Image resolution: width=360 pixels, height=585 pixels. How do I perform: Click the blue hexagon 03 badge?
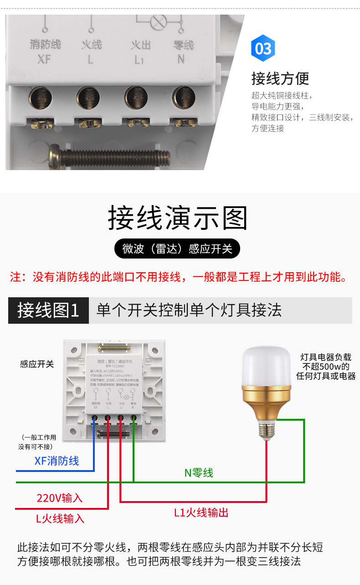pyautogui.click(x=263, y=49)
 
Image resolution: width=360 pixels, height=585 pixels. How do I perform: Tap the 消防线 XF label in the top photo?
pyautogui.click(x=45, y=51)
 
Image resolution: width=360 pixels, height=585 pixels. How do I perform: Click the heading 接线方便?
pyautogui.click(x=280, y=78)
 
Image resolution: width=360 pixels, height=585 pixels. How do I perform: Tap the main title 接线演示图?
pyautogui.click(x=178, y=218)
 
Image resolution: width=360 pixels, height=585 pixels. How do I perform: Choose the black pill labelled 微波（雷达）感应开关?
pyautogui.click(x=178, y=249)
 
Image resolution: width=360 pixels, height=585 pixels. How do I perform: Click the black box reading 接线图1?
pyautogui.click(x=48, y=311)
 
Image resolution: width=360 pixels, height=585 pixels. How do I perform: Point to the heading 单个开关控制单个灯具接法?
pyautogui.click(x=189, y=311)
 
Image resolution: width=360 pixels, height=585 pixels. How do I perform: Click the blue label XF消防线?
pyautogui.click(x=57, y=461)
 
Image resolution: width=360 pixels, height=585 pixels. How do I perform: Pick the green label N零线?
pyautogui.click(x=199, y=473)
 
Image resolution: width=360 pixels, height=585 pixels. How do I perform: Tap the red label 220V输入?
pyautogui.click(x=60, y=498)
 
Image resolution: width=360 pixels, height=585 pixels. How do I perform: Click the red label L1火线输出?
pyautogui.click(x=201, y=513)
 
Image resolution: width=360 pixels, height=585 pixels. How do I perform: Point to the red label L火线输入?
pyautogui.click(x=60, y=518)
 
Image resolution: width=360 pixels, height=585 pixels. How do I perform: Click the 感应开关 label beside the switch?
pyautogui.click(x=37, y=364)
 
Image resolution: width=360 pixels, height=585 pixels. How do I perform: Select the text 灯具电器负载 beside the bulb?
pyautogui.click(x=326, y=357)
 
